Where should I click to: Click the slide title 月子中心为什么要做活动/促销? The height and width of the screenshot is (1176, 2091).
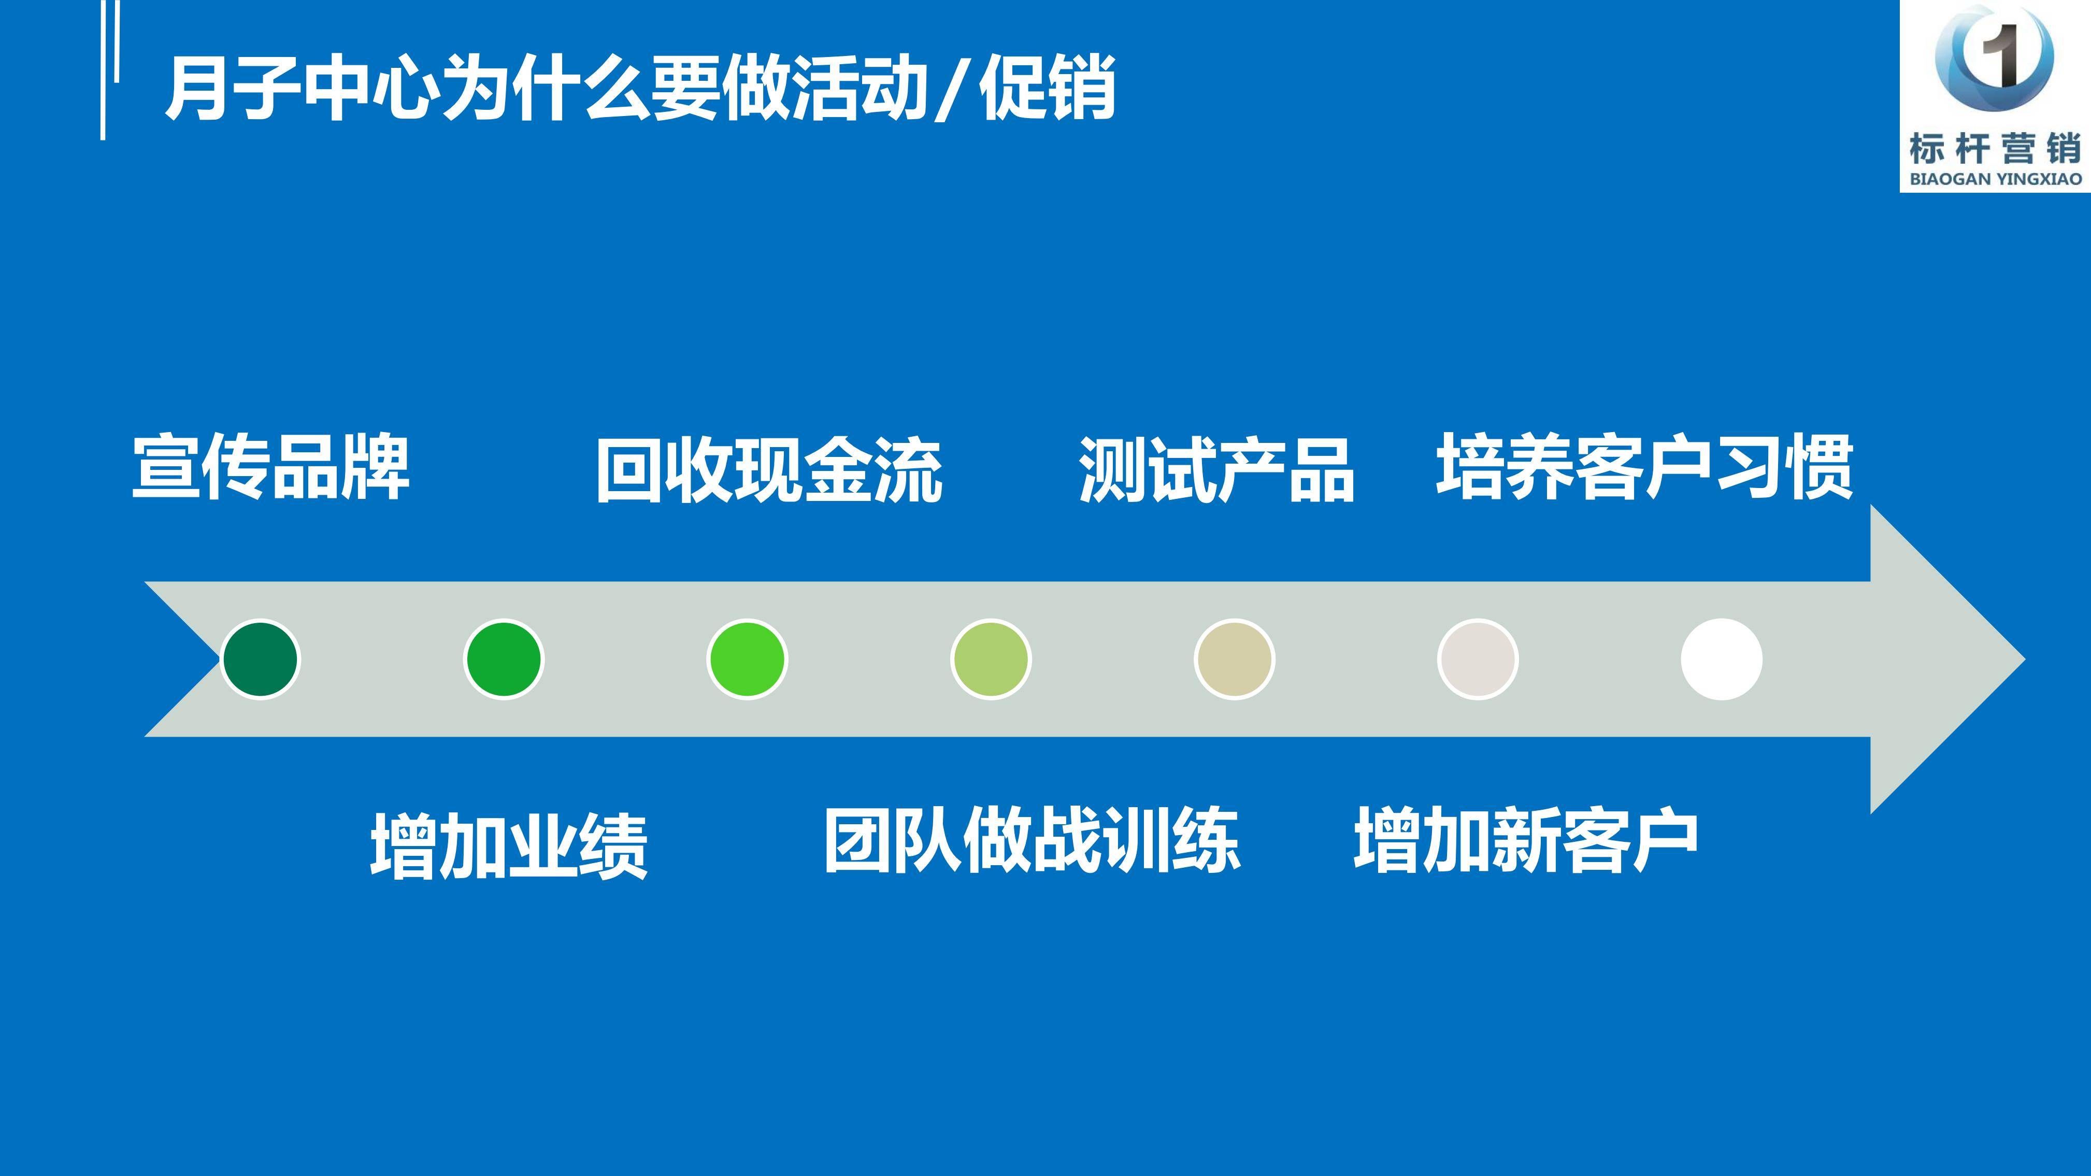(x=640, y=88)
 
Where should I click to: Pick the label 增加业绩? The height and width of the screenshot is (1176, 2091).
(x=509, y=847)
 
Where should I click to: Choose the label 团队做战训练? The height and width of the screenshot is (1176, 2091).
(x=1032, y=841)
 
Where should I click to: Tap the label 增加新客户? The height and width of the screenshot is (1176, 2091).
(x=1526, y=841)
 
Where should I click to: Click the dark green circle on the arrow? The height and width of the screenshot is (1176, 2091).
(x=260, y=659)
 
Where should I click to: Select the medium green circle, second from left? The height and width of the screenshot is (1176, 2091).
(x=503, y=659)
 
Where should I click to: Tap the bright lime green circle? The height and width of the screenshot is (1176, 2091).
(x=747, y=659)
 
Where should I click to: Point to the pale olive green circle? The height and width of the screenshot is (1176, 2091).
(x=990, y=659)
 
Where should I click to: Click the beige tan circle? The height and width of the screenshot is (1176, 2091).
(x=1234, y=659)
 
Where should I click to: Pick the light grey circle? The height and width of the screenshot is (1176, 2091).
(x=1478, y=659)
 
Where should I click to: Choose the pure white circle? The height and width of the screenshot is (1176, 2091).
(x=1721, y=659)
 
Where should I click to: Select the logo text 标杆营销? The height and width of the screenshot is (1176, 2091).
(x=1995, y=149)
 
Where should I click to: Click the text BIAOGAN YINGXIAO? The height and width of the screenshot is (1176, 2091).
(x=1995, y=179)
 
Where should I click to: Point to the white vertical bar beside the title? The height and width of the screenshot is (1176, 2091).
(x=103, y=70)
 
